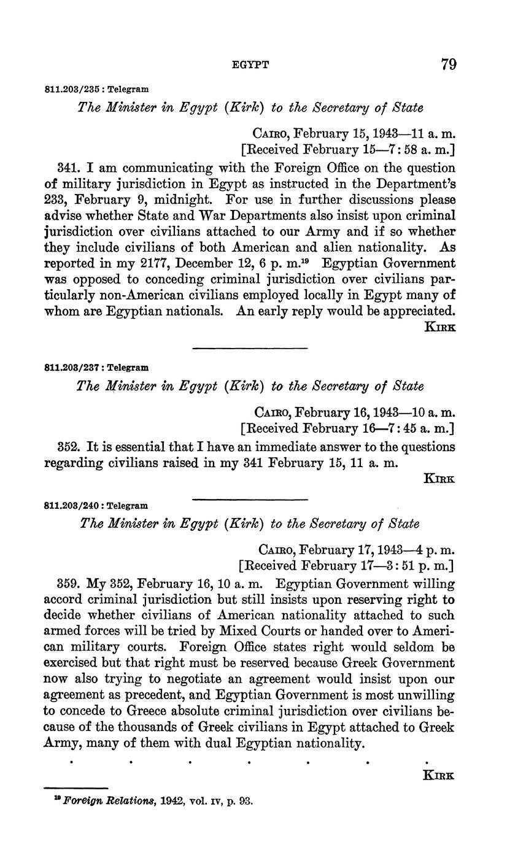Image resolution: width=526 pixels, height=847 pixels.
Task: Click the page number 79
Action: tap(448, 64)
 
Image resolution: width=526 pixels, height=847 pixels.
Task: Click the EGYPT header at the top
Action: tap(251, 64)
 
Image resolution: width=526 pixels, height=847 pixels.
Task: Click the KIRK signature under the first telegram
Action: tap(440, 327)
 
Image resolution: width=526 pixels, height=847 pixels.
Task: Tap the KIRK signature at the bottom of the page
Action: tap(439, 775)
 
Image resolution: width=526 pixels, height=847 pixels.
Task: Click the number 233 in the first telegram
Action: tap(56, 199)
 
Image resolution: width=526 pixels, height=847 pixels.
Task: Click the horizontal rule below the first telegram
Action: tap(250, 349)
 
